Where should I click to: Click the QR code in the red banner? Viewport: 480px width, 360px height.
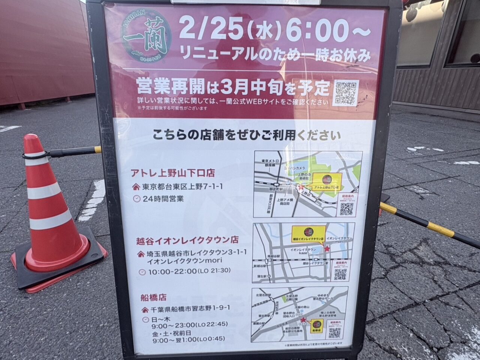(345, 93)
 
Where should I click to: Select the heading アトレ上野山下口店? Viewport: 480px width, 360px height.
(172, 173)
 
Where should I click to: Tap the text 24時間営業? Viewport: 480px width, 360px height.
(163, 199)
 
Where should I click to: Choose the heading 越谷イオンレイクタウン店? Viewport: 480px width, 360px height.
(187, 240)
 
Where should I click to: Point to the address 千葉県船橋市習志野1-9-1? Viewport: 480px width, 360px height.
(189, 310)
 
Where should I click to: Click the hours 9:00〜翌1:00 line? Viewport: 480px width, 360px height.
(189, 339)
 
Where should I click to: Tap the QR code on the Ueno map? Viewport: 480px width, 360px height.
(346, 208)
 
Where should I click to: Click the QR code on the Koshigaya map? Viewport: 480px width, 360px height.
(340, 274)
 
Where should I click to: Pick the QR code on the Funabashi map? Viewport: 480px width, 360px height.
(334, 333)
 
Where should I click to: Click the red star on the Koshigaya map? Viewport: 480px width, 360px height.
(327, 249)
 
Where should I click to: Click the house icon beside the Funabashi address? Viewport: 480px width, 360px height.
(145, 310)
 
